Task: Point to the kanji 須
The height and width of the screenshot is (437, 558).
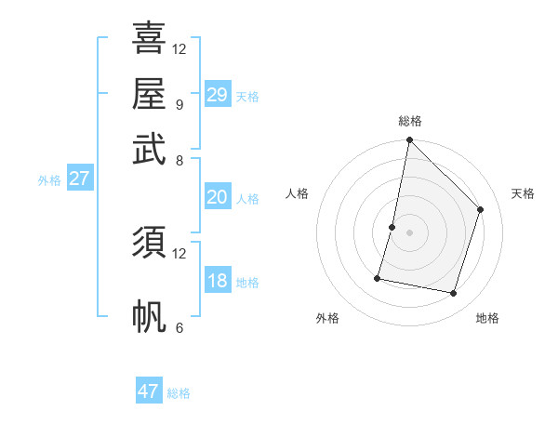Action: point(149,243)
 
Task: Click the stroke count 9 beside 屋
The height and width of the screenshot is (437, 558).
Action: point(179,104)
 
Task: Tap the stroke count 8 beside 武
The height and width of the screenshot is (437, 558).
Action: point(179,160)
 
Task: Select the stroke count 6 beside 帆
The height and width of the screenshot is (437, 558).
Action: point(179,327)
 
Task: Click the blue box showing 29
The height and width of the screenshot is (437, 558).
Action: point(217,95)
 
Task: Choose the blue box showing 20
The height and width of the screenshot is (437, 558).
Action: point(217,197)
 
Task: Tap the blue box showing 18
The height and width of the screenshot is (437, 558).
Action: point(217,282)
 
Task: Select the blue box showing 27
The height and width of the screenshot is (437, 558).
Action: point(79,179)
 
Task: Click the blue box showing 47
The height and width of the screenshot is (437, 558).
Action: point(149,391)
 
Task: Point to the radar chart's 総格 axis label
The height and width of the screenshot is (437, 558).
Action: point(410,122)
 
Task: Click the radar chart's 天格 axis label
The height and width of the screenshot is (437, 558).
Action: point(524,193)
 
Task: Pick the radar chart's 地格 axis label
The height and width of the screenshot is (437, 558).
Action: point(487,318)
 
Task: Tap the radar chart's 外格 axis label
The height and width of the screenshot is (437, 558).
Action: point(327,318)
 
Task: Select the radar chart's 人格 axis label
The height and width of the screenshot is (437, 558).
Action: point(298,193)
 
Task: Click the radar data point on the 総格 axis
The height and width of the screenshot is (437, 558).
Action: point(409,140)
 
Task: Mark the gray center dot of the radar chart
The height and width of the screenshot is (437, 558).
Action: point(409,232)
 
